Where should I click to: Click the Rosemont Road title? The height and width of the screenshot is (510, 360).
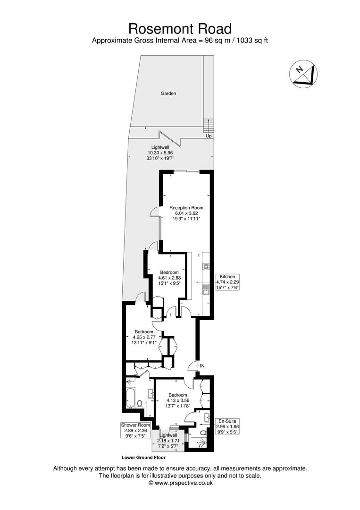click(x=180, y=28)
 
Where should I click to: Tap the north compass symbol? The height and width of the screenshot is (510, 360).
click(x=303, y=74)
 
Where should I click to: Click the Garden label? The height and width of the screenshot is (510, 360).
click(x=168, y=93)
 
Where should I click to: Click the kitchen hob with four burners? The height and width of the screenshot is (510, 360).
click(x=206, y=266)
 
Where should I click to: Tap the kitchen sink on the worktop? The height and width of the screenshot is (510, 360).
click(x=206, y=289)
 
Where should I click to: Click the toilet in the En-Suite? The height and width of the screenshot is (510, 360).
click(x=203, y=432)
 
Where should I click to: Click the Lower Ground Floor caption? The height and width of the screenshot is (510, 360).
click(x=143, y=457)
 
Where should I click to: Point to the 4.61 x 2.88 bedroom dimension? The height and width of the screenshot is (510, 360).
click(x=169, y=278)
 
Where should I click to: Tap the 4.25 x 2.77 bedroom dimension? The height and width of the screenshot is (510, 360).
click(x=143, y=337)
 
